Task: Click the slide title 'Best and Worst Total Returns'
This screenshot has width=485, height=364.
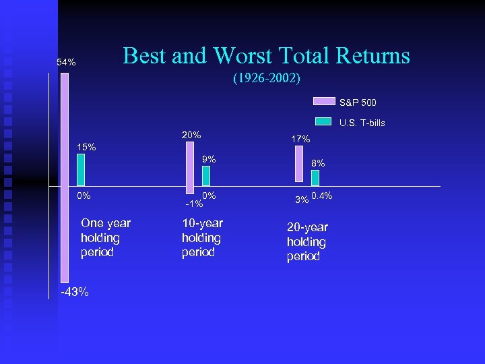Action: (x=266, y=55)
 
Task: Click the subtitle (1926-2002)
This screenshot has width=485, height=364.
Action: (x=266, y=78)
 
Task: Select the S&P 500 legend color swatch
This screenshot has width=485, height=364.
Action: (x=324, y=102)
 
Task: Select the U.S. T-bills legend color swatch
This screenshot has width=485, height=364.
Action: (x=324, y=121)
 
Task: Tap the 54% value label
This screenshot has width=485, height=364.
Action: (x=66, y=63)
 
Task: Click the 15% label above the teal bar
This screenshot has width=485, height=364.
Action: (x=86, y=147)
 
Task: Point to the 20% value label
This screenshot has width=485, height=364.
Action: (x=191, y=135)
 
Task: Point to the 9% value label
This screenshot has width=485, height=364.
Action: (x=209, y=159)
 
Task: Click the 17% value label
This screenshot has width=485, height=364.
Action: (x=300, y=139)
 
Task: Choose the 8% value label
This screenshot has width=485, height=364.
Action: (x=318, y=162)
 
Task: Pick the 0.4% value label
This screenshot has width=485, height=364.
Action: (x=323, y=196)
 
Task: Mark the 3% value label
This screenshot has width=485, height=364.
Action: (x=302, y=200)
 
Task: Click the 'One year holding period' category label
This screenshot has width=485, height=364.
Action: (x=105, y=238)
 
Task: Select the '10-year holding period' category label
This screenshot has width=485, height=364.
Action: (x=201, y=238)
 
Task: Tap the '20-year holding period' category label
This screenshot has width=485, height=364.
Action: (x=306, y=242)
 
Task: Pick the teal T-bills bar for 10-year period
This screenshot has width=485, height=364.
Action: (x=206, y=175)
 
